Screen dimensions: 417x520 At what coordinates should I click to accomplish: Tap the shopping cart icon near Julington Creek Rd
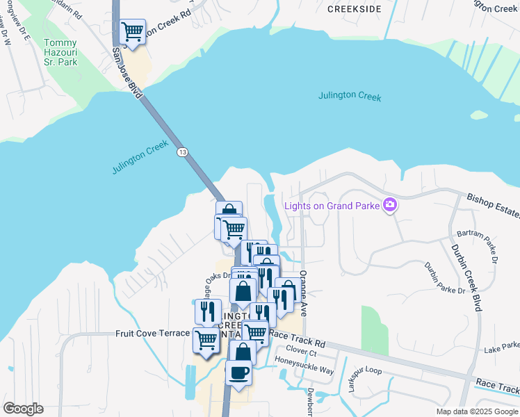tap(132, 31)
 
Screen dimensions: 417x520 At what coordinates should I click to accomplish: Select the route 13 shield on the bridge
tap(182, 152)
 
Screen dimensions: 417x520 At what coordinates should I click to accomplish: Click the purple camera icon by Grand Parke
tap(389, 204)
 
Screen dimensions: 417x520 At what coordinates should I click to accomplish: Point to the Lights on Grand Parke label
tap(332, 205)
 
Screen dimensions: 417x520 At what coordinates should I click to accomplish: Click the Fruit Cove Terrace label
tap(152, 334)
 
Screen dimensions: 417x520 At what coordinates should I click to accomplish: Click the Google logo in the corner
tap(23, 409)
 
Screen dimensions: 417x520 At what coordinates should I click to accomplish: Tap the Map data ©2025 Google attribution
tap(476, 411)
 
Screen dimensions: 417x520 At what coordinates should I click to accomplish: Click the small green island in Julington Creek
tap(478, 115)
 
